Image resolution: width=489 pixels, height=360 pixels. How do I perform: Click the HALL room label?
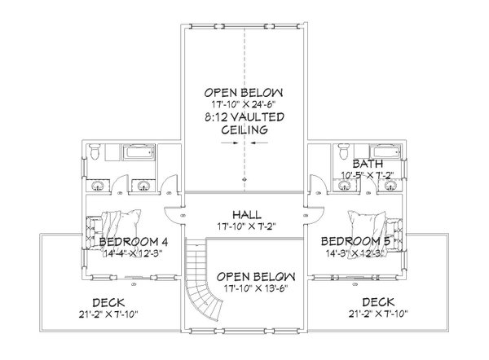click(x=244, y=211)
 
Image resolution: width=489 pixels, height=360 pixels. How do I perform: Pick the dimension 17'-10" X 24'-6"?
click(x=244, y=104)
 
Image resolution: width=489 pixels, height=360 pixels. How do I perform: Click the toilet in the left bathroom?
click(x=96, y=151)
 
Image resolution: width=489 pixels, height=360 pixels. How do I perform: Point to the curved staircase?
click(x=203, y=281)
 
